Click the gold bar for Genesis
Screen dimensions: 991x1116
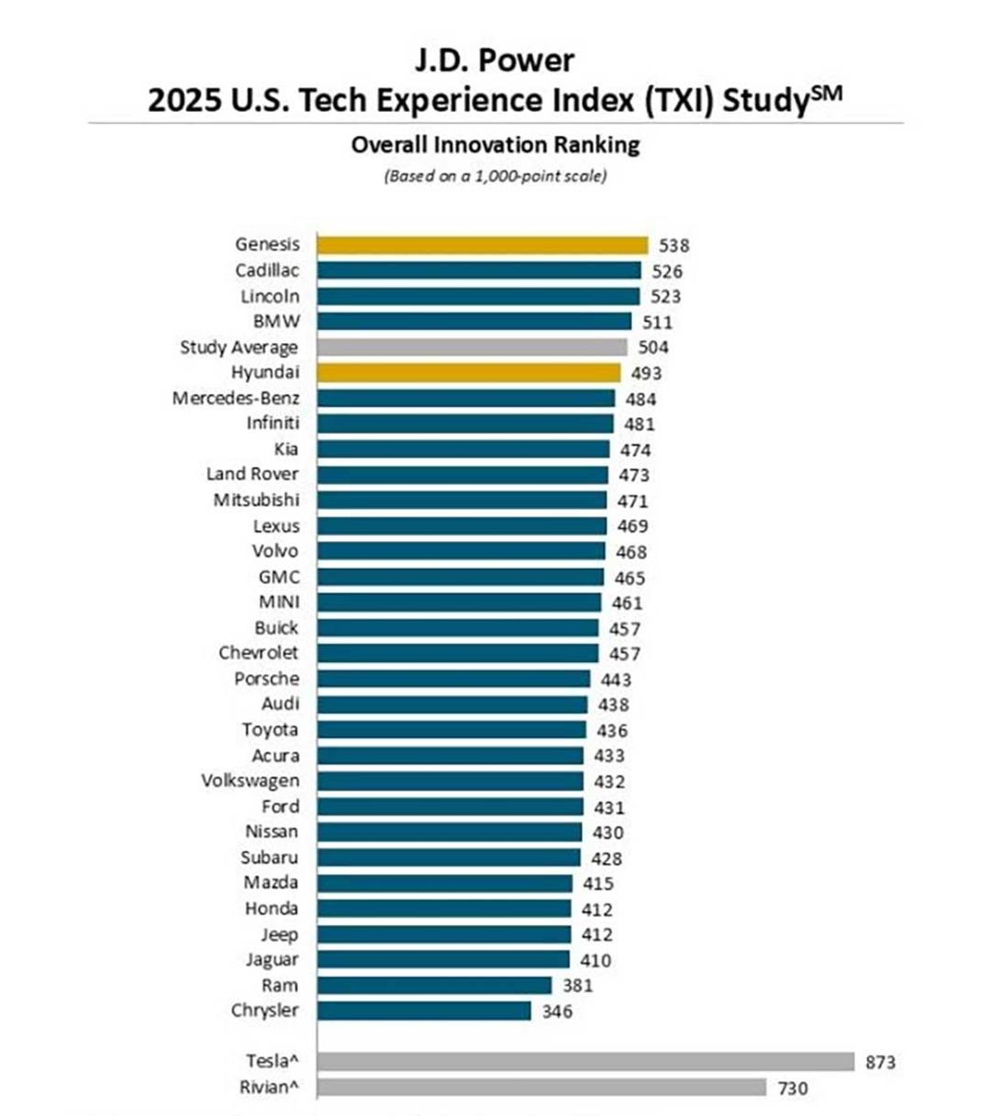click(x=483, y=245)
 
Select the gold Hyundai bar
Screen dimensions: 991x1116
click(x=469, y=373)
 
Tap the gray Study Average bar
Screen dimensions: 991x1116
click(x=472, y=347)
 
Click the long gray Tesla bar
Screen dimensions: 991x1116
click(x=585, y=1062)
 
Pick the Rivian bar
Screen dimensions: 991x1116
click(x=541, y=1088)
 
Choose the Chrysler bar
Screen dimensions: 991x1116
click(x=424, y=1011)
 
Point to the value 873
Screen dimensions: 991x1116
click(x=880, y=1062)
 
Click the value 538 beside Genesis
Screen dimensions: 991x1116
click(x=674, y=246)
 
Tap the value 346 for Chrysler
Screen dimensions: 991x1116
click(x=557, y=1011)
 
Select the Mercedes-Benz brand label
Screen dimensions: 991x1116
click(x=236, y=398)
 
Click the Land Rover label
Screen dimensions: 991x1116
click(x=252, y=474)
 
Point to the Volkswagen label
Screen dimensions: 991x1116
click(x=251, y=781)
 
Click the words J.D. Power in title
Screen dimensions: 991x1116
click(x=495, y=60)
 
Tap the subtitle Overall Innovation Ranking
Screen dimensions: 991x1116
click(x=495, y=145)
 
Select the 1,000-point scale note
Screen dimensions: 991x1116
click(x=495, y=176)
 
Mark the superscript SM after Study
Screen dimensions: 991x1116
click(x=827, y=94)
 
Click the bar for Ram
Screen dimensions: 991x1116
click(x=434, y=986)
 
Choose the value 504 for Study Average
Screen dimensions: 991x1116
click(x=653, y=348)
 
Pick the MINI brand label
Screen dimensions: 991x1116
click(x=280, y=602)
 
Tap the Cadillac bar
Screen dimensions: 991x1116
click(x=479, y=271)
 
